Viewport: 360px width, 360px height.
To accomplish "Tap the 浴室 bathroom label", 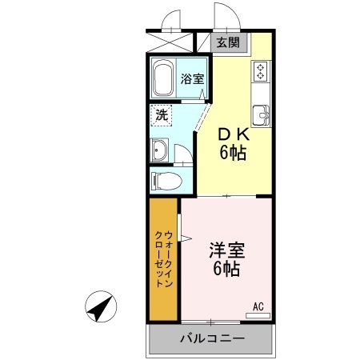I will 191,79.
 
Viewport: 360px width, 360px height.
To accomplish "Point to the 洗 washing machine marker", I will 161,115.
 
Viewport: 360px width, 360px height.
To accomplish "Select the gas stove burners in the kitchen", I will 261,72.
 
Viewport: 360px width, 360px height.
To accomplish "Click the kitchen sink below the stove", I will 261,114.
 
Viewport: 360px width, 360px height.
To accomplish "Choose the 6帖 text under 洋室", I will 226,269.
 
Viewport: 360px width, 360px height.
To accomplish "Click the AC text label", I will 258,306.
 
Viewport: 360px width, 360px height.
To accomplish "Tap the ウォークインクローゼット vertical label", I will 162,258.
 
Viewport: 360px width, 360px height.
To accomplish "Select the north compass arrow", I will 101,307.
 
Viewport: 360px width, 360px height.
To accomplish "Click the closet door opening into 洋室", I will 186,236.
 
